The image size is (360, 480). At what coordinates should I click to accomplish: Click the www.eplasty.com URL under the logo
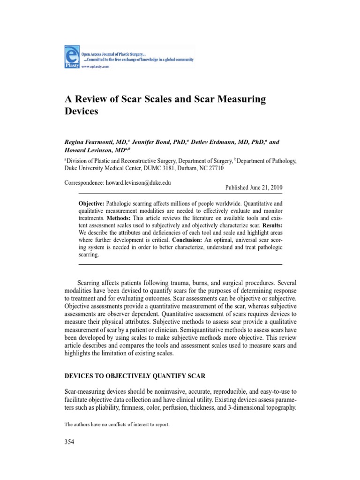tap(96, 67)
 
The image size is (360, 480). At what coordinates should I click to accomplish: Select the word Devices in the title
tap(82, 112)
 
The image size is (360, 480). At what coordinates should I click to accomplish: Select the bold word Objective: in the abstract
tap(91, 204)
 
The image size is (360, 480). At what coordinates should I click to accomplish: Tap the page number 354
tap(69, 442)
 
